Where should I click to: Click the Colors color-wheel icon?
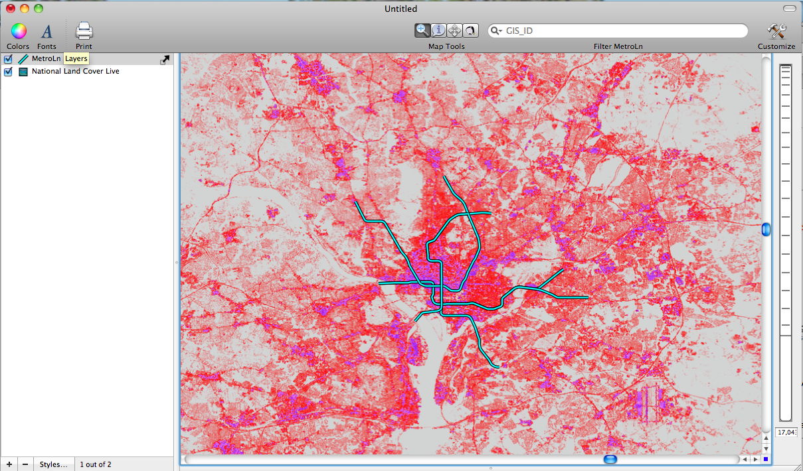click(18, 31)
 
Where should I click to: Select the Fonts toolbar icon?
click(46, 31)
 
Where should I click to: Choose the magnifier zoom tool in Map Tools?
click(422, 30)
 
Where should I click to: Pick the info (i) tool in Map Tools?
click(438, 30)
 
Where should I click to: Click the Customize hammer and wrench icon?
click(776, 31)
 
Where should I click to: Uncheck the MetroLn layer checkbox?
click(9, 59)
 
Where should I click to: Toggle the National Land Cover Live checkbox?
click(9, 72)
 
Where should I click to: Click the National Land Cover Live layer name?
click(76, 71)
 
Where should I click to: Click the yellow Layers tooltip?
click(76, 59)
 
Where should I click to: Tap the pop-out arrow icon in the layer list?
click(165, 60)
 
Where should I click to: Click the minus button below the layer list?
click(25, 464)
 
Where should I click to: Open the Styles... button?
click(53, 464)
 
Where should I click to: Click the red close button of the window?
click(11, 9)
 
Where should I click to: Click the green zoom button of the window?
click(39, 9)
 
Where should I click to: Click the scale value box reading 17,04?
click(786, 433)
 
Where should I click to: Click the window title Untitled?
click(401, 9)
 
